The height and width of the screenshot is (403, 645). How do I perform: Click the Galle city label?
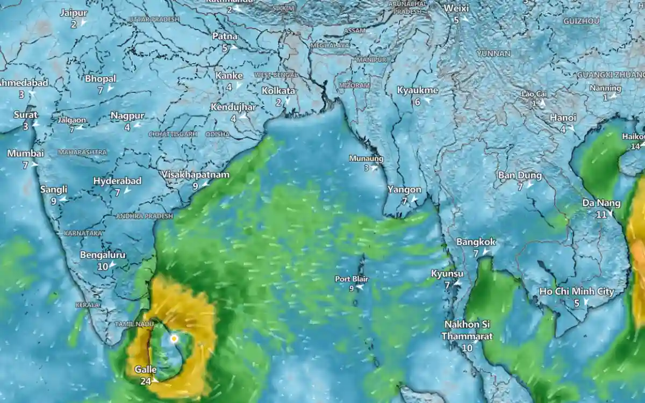click(146, 370)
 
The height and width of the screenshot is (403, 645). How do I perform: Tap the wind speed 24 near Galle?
click(145, 381)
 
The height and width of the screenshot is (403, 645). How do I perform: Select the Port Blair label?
click(351, 279)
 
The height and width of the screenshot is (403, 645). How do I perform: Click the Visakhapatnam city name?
click(196, 175)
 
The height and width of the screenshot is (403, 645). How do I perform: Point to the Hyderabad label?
click(117, 181)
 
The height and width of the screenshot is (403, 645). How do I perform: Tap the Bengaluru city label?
click(103, 255)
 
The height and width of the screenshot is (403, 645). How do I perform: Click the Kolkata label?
click(278, 91)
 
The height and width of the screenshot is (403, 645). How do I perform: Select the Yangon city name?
click(404, 190)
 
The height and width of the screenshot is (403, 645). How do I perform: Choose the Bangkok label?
click(476, 242)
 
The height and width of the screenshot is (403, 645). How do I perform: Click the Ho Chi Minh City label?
click(577, 291)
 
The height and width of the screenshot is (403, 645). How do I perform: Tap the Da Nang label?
click(601, 203)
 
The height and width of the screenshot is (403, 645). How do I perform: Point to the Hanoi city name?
click(563, 118)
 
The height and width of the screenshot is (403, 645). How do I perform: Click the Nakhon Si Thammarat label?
click(467, 330)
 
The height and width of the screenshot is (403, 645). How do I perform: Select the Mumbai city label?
click(25, 153)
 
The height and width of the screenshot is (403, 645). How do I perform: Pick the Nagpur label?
click(127, 116)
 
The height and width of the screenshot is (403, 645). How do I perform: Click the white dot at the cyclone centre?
click(174, 339)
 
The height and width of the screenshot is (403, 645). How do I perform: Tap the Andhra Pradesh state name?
click(145, 216)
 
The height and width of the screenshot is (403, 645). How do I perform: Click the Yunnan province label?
click(493, 54)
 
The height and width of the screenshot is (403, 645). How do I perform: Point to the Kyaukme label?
click(417, 90)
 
